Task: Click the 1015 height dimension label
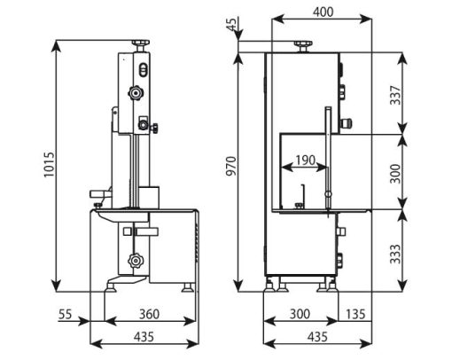[x=50, y=165]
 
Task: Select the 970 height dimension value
[x=231, y=166]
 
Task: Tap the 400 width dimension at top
[x=323, y=12]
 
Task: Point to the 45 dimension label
[x=232, y=24]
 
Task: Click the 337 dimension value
[x=395, y=95]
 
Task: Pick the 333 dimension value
[x=395, y=254]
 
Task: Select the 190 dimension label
[x=306, y=160]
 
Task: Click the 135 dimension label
[x=355, y=314]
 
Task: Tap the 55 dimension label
[x=66, y=314]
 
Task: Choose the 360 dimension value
[x=149, y=314]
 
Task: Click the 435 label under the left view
[x=144, y=336]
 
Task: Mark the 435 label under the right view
[x=317, y=336]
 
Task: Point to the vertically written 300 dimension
[x=395, y=174]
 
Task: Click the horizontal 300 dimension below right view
[x=300, y=314]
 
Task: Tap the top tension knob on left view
[x=140, y=46]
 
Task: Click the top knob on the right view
[x=303, y=47]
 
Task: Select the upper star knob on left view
[x=136, y=93]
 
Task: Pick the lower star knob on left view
[x=136, y=261]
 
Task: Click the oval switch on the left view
[x=143, y=70]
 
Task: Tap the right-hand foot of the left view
[x=188, y=287]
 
